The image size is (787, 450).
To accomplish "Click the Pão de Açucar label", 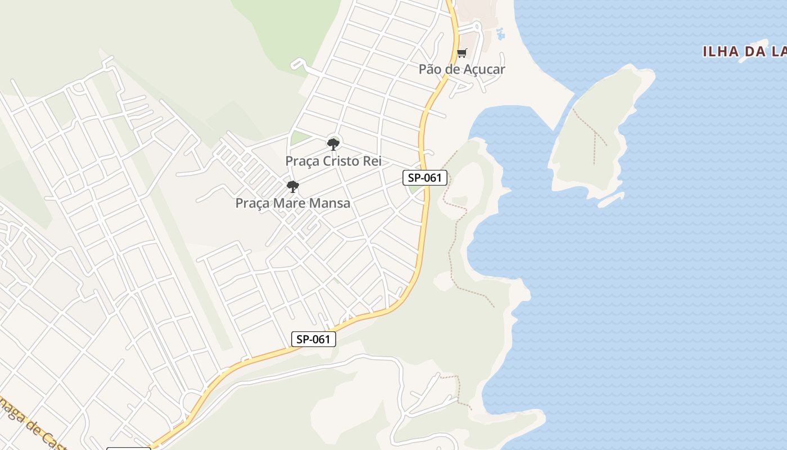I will [x=462, y=69].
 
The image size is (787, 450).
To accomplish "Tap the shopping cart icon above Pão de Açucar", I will [x=462, y=53].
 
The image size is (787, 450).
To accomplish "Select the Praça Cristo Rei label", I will [x=333, y=161].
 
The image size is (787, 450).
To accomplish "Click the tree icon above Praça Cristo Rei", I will [x=333, y=144].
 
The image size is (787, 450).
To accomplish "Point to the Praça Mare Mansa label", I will [x=292, y=203].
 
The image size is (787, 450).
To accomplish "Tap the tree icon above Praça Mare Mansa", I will [x=292, y=186].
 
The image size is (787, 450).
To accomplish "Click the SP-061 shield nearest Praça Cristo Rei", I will [x=425, y=178].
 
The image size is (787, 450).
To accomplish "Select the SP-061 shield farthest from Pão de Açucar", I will [x=314, y=339].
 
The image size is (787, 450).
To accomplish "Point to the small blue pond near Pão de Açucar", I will [x=500, y=34].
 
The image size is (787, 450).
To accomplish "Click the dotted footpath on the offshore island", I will [x=594, y=135].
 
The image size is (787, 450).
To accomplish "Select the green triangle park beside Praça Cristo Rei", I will [x=300, y=138].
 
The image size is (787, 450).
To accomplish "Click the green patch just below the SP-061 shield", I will [x=416, y=189].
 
